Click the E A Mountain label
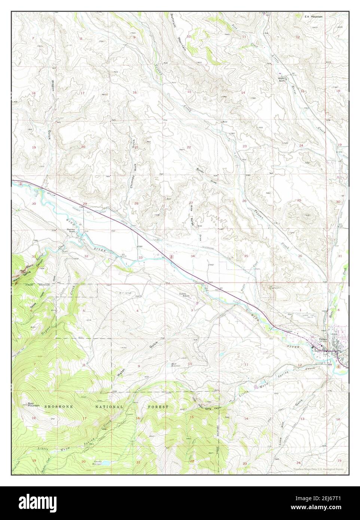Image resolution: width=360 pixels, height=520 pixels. pos(313,17)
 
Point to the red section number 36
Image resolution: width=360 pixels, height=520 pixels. pos(300,256)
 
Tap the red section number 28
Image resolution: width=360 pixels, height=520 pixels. pos(136,203)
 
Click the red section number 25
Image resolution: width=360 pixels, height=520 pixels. pos(299,201)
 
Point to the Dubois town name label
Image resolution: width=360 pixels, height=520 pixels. pos(323,340)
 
